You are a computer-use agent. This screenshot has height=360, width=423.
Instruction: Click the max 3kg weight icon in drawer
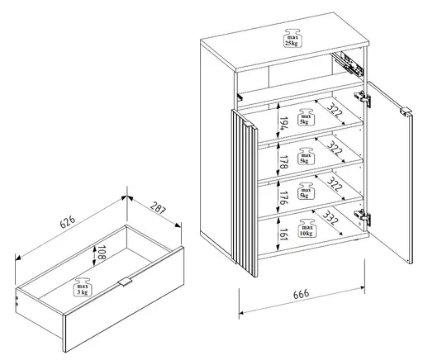(x=83, y=287)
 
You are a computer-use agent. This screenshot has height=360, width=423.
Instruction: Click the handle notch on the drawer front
(x=124, y=282)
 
